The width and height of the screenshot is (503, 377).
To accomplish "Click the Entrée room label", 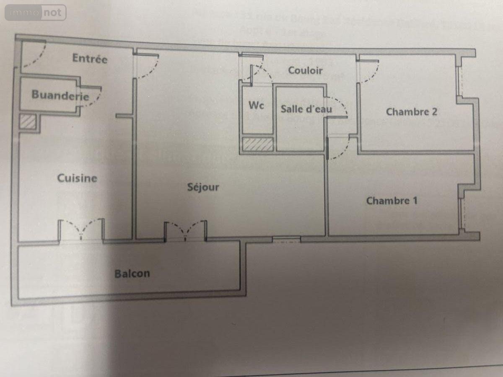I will pyautogui.click(x=90, y=58).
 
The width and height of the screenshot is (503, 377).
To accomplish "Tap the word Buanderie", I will pyautogui.click(x=60, y=95).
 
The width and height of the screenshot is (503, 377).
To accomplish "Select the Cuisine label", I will pyautogui.click(x=77, y=178).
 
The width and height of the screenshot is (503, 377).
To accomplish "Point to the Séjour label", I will pyautogui.click(x=203, y=187).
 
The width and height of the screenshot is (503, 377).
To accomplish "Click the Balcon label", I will pyautogui.click(x=132, y=274).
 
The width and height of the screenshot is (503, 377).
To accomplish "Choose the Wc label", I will pyautogui.click(x=256, y=106).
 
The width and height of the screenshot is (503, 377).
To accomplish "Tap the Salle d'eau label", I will pyautogui.click(x=306, y=109).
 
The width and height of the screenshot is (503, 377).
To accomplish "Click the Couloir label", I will pyautogui.click(x=305, y=70).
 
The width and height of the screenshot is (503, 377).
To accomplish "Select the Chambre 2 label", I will pyautogui.click(x=412, y=112).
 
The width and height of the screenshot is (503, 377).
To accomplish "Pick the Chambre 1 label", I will pyautogui.click(x=392, y=201).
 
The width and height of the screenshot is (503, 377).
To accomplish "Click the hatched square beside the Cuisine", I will pyautogui.click(x=29, y=122).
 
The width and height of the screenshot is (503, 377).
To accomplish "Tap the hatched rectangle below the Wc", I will pyautogui.click(x=258, y=145).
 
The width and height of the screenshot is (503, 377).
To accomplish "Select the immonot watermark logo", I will pyautogui.click(x=36, y=13).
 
